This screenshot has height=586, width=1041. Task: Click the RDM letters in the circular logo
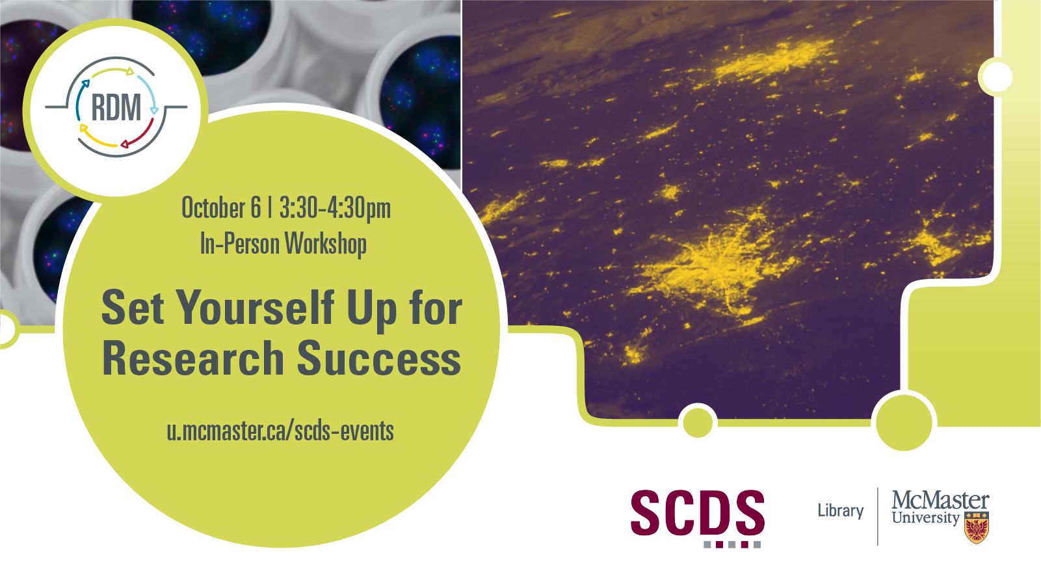(116, 107)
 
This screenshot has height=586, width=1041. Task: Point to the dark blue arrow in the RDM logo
(81, 100)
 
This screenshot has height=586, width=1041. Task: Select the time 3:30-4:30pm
(335, 209)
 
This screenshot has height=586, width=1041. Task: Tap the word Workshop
(325, 244)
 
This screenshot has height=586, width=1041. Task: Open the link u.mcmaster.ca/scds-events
(280, 431)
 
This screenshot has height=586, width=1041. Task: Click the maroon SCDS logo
(697, 517)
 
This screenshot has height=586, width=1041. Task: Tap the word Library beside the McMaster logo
(840, 511)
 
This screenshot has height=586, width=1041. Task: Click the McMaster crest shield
(977, 527)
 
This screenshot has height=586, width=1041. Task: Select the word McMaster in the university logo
(940, 500)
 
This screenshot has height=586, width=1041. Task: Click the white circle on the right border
(997, 77)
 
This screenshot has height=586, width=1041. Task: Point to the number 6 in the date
(256, 207)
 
